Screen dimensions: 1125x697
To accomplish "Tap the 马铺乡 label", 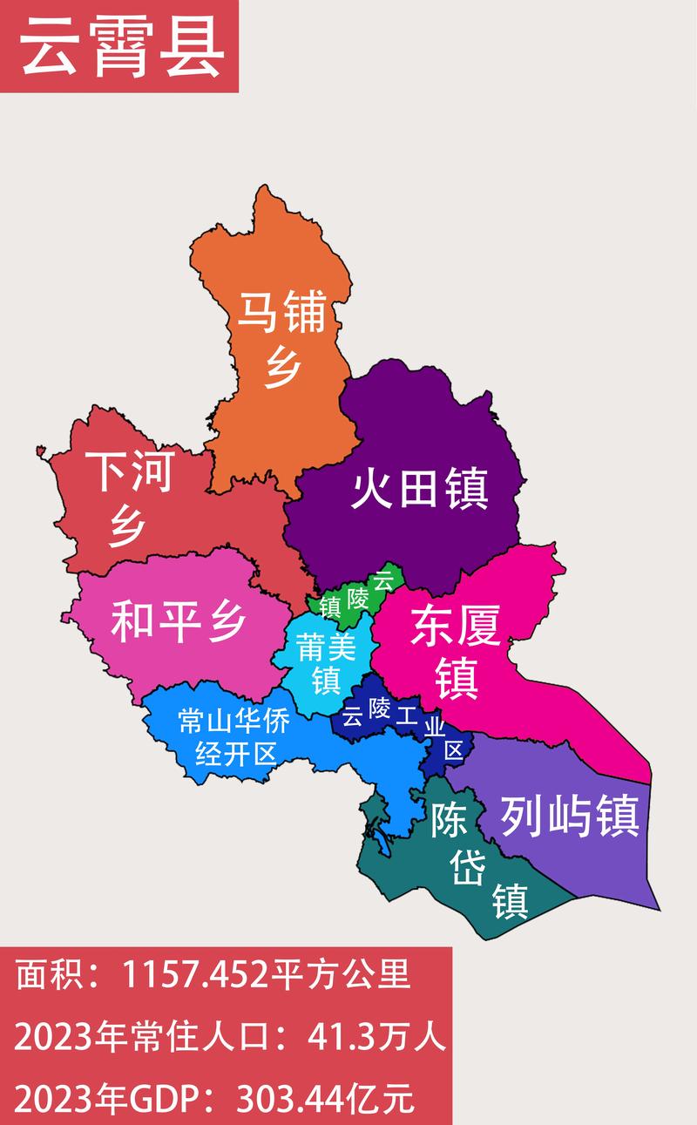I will [x=282, y=340].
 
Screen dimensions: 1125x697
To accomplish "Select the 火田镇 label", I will [x=419, y=490].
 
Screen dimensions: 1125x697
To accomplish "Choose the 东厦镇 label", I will [x=457, y=650].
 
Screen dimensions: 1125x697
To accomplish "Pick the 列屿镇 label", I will [x=570, y=817].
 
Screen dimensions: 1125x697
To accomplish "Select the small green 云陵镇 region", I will [x=348, y=601].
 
